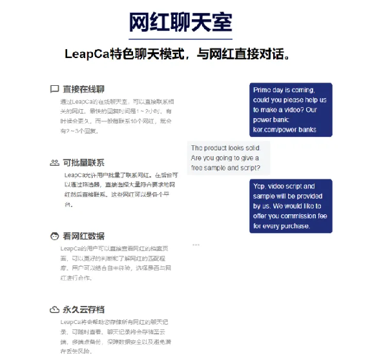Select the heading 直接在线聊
click(83, 89)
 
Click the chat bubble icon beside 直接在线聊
click(54, 89)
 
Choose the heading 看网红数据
click(83, 236)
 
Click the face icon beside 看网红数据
click(54, 236)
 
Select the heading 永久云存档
click(83, 309)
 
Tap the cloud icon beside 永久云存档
click(54, 309)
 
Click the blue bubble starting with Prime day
click(291, 110)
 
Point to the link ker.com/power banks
click(285, 130)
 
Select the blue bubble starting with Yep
click(291, 206)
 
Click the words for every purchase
click(282, 226)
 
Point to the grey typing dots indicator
click(196, 245)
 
